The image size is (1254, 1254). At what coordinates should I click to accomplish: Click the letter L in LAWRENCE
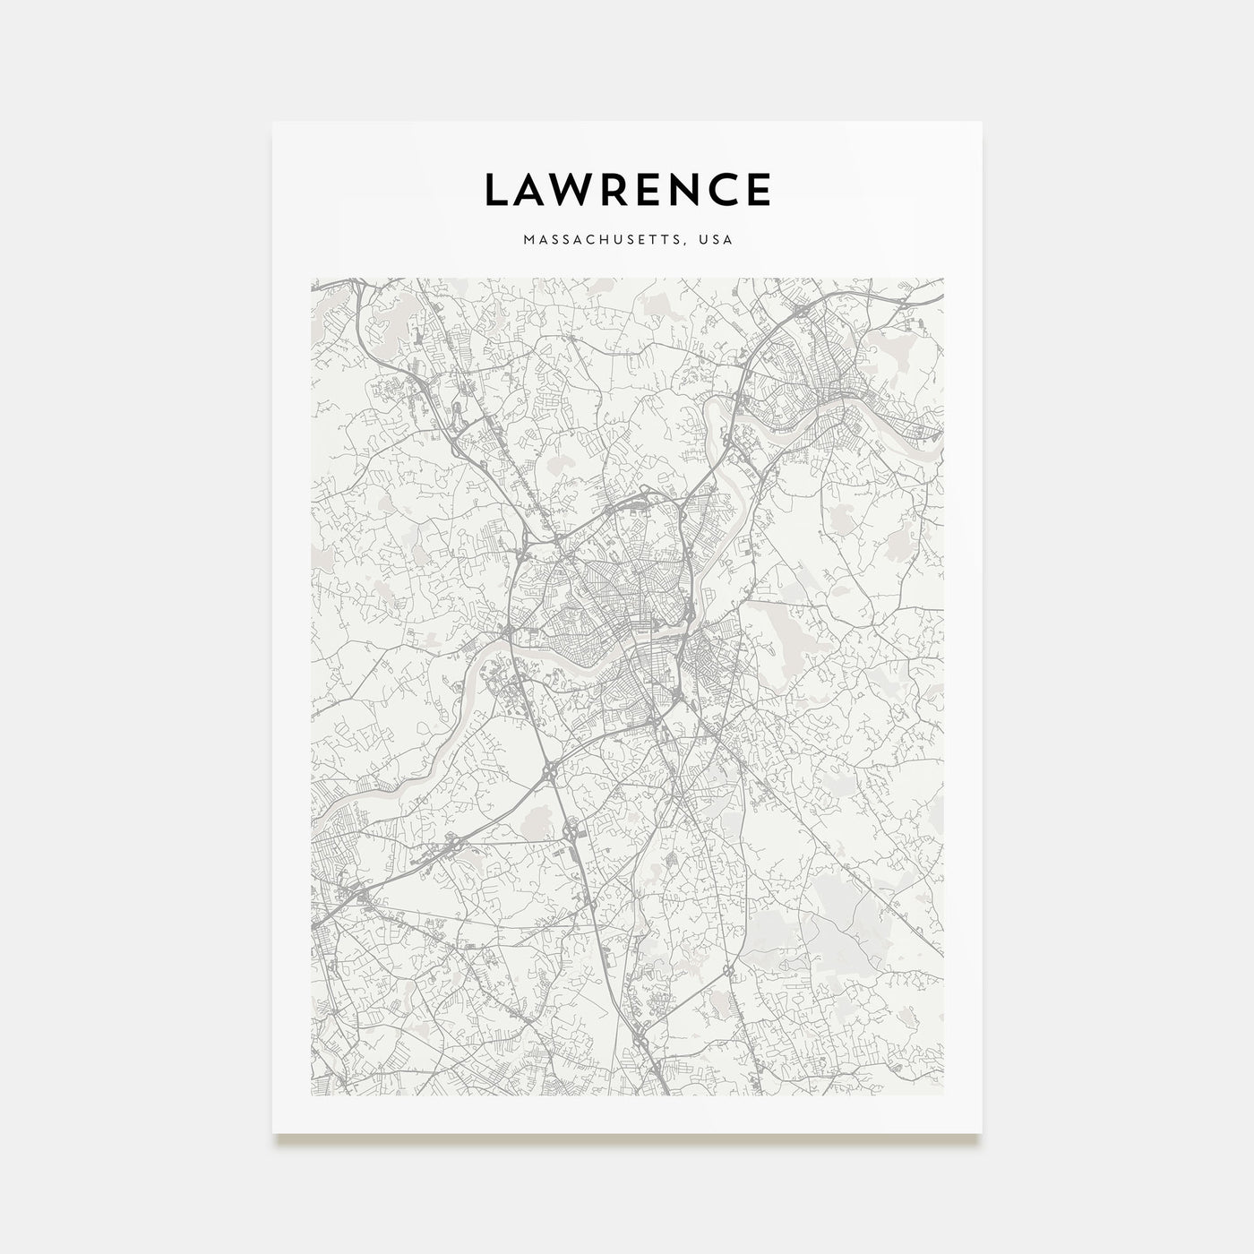497,190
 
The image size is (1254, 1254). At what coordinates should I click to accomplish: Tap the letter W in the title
572,190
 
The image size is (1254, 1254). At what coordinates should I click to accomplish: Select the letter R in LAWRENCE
615,190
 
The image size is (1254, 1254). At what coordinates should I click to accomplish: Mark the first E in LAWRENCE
651,190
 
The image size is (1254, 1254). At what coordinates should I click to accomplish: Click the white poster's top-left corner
273,123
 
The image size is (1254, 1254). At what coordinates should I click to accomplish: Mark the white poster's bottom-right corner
982,1132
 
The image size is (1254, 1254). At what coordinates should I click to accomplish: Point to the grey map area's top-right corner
943,279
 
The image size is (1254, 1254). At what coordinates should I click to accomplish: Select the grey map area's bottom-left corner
311,1094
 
